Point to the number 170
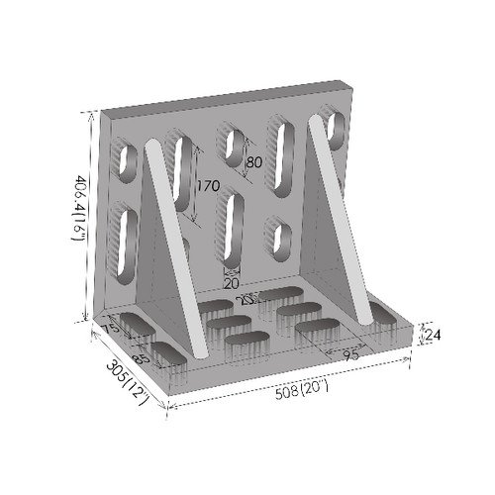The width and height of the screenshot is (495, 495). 208,185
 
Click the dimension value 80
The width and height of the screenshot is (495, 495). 253,161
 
